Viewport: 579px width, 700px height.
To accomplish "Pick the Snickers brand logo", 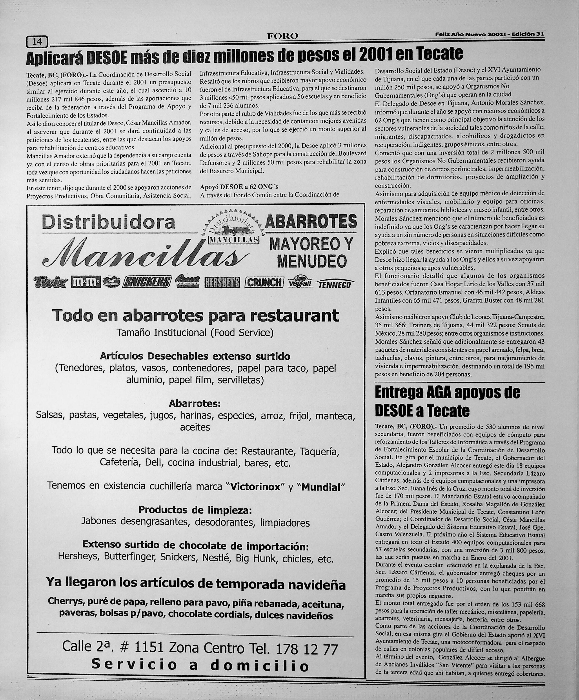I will [147, 282].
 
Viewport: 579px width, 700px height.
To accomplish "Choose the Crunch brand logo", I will [264, 282].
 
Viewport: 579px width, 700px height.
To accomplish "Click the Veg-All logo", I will [298, 282].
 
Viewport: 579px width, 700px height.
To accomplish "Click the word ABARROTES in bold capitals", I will [310, 222].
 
